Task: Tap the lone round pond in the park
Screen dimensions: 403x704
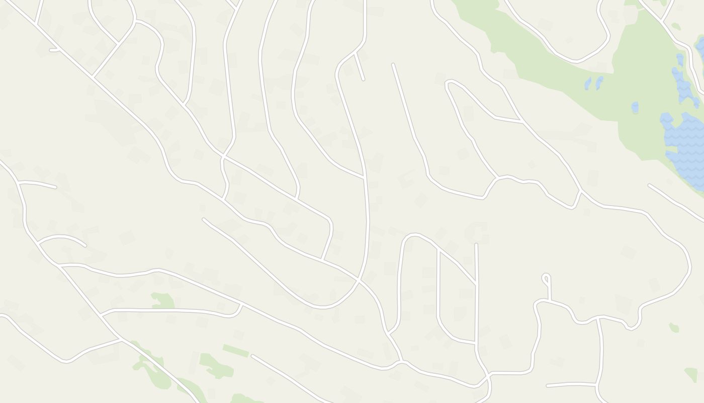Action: click(x=635, y=107)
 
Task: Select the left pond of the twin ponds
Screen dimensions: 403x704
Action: click(x=588, y=83)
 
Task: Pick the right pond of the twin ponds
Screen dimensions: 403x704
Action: click(x=599, y=82)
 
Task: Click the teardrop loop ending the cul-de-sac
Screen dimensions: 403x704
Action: click(x=546, y=278)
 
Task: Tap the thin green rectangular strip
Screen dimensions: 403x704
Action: click(x=235, y=351)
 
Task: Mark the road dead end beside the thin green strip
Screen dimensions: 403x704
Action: click(x=252, y=356)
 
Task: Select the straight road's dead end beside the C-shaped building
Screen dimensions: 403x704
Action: click(x=476, y=245)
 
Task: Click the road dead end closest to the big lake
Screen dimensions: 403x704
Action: click(x=650, y=185)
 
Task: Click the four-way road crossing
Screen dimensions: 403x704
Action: click(x=359, y=278)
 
